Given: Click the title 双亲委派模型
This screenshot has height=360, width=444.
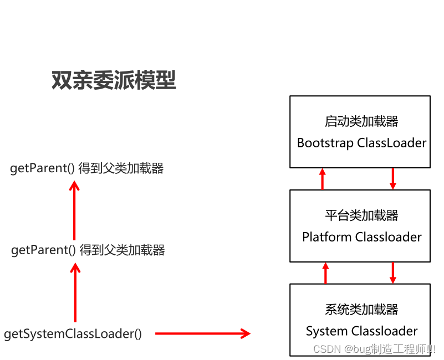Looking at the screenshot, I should (x=114, y=81).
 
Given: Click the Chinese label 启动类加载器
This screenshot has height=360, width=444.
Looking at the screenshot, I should (x=361, y=121).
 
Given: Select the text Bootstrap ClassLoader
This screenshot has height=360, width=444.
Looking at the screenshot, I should (x=361, y=143).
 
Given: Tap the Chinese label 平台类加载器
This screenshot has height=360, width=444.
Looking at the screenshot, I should (x=361, y=215).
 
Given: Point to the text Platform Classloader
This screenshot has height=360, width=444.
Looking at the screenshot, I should (x=361, y=237).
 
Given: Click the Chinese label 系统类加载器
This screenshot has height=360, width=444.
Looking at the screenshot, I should (x=361, y=310).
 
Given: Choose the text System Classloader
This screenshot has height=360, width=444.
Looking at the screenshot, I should (x=361, y=331).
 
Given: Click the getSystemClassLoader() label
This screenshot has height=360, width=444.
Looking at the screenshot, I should (x=73, y=334).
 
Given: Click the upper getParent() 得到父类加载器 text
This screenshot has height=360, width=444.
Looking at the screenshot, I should (x=87, y=168).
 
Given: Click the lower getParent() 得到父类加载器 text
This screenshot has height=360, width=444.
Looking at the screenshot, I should (x=88, y=250).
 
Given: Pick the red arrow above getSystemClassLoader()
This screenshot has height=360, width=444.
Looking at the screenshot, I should (x=75, y=292).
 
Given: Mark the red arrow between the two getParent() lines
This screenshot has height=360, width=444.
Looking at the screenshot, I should (x=74, y=210).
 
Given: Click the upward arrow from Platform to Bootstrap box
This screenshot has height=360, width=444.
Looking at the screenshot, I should (x=323, y=179).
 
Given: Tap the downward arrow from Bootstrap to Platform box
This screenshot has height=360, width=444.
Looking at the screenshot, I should (x=392, y=179).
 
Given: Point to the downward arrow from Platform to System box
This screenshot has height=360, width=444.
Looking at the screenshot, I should (x=392, y=273).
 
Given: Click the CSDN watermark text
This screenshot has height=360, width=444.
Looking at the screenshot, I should (x=374, y=349).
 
